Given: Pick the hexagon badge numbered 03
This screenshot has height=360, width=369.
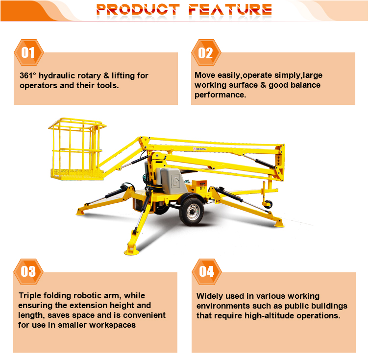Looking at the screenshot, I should pyautogui.click(x=28, y=271).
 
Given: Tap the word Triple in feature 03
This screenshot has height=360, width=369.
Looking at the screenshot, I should pyautogui.click(x=31, y=296).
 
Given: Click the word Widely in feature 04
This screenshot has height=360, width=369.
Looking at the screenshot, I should pyautogui.click(x=210, y=296).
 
